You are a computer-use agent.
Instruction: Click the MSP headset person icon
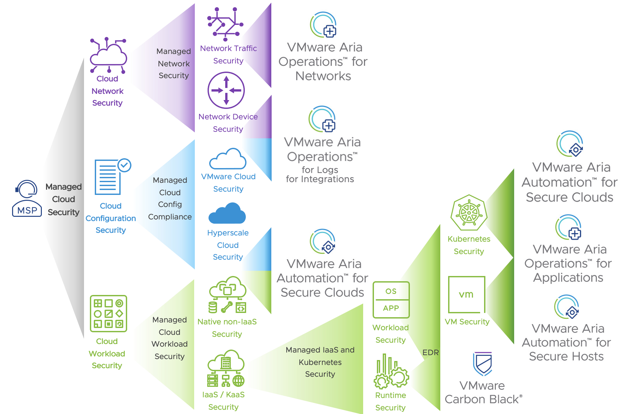coord(27,198)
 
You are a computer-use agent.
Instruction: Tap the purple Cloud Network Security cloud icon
coord(108,55)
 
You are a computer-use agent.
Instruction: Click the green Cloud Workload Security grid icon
coord(108,314)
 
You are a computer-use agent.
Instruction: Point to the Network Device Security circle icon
coord(226,90)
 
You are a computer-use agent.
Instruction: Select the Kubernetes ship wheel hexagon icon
coord(469,213)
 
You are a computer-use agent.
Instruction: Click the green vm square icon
coord(466,294)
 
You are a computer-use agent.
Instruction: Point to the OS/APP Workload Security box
coord(391,300)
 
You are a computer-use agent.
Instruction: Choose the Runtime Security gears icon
coord(391,371)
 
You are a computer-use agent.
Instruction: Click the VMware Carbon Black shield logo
coord(482,364)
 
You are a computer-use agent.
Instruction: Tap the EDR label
coord(430,353)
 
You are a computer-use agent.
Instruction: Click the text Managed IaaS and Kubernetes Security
coord(320,362)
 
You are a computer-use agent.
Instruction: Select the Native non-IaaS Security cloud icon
coord(227,294)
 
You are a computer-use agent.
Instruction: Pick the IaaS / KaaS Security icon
coord(226,368)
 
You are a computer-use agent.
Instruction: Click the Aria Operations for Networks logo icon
coord(323,25)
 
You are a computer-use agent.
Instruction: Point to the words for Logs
coord(320,170)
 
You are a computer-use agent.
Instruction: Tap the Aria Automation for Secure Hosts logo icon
coord(566,307)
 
